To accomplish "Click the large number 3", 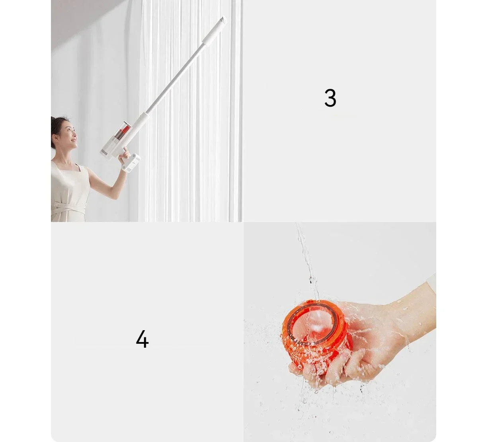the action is pos(330,98).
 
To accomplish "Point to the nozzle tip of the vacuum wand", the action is pos(224,20).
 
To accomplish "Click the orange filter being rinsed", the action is pos(317,336).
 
